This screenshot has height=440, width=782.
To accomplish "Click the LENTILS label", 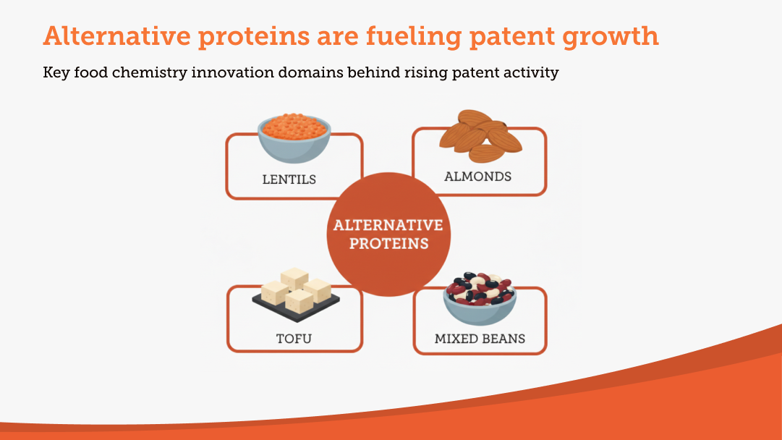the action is (289, 179).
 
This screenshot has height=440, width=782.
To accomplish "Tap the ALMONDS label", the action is (477, 177).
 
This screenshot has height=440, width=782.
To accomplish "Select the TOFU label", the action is (294, 339).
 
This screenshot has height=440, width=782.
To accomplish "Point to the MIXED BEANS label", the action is (480, 339).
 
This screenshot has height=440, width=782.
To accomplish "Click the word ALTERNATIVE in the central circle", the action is (388, 226).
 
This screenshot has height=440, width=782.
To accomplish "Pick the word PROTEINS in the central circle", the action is (388, 243).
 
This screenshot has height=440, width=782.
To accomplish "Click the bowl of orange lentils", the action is (294, 137).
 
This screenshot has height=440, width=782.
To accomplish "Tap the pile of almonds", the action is (481, 136).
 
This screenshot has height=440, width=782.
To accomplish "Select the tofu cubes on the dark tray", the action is (296, 295).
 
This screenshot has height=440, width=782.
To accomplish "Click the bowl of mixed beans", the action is (480, 298).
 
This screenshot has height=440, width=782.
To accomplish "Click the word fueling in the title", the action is (414, 36).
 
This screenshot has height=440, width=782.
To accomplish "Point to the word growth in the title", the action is (611, 36).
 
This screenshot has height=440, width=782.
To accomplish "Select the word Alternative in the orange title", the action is (116, 36).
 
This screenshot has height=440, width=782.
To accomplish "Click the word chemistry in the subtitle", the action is (150, 73).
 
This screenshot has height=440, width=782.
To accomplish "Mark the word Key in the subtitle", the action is (56, 73).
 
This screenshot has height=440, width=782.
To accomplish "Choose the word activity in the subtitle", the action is (531, 73).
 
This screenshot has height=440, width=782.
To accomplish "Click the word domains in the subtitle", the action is (311, 72).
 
